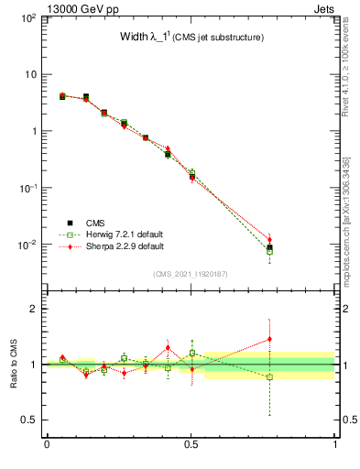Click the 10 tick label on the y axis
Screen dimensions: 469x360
click(30, 74)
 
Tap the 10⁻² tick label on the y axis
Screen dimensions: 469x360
click(27, 245)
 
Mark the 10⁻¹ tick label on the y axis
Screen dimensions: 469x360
click(27, 188)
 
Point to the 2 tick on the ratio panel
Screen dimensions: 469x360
click(36, 309)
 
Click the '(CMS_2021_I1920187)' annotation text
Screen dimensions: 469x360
click(191, 274)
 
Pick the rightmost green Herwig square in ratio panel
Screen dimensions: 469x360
click(269, 377)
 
